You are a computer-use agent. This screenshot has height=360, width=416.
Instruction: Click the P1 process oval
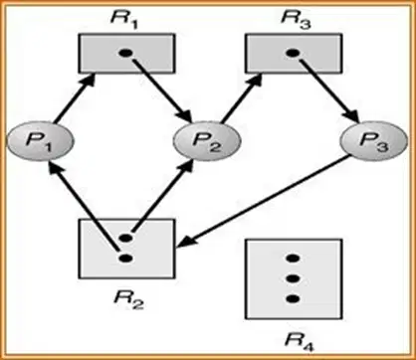coord(40,141)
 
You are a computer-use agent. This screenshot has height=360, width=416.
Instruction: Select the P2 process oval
coord(207,141)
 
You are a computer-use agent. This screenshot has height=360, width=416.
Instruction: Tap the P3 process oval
coord(374,141)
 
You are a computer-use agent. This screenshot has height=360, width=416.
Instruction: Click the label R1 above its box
coord(123,18)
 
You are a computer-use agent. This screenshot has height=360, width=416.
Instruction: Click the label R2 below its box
coord(127,298)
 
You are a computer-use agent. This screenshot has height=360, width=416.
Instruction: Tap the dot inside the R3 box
coord(292,53)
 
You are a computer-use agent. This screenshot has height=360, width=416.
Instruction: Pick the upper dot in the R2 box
coord(125,238)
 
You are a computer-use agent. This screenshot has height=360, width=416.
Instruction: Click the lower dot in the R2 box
coord(125,258)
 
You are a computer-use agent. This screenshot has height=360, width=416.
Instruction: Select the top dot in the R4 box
coord(293,258)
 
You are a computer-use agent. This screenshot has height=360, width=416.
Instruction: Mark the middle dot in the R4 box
coord(293,278)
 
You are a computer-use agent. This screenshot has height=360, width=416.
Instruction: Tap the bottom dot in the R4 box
coord(293,299)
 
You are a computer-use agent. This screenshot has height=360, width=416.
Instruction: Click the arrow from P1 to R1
coord(76,98)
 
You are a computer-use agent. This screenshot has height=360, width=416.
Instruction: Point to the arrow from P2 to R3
coord(243,98)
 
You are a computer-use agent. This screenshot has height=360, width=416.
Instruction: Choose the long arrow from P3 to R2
coord(263,202)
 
